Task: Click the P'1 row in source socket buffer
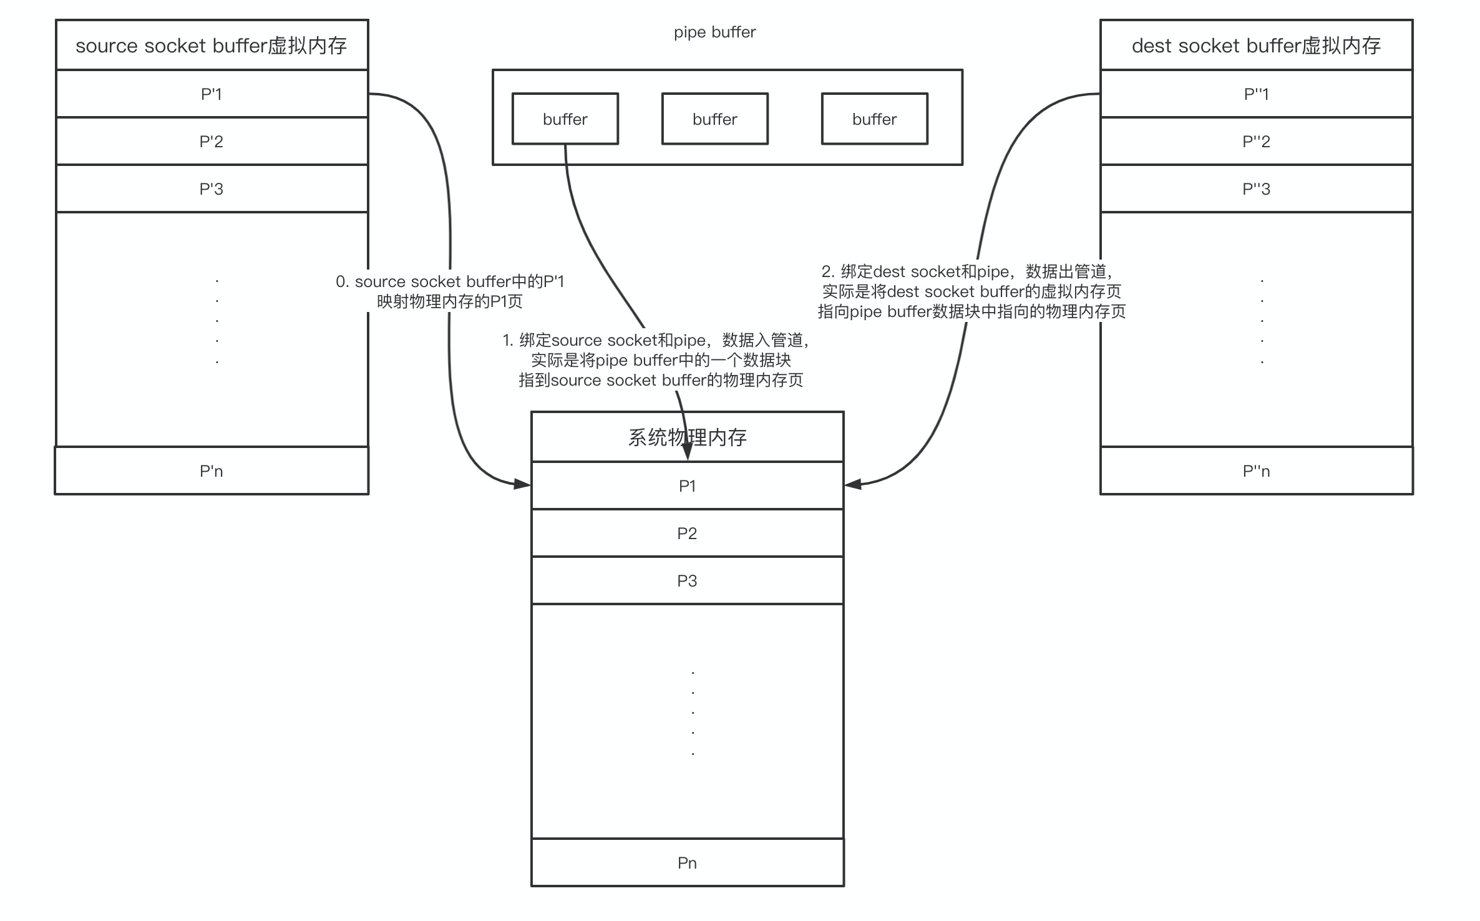(x=212, y=94)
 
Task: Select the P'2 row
(x=212, y=141)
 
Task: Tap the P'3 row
(x=212, y=188)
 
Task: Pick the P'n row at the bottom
(x=212, y=470)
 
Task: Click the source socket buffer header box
(x=212, y=45)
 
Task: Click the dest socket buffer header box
(x=1257, y=45)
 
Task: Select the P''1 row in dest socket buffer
(x=1257, y=94)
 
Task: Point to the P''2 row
(x=1257, y=141)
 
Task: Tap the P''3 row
(x=1257, y=188)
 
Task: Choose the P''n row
(x=1257, y=470)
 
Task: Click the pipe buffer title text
(x=715, y=32)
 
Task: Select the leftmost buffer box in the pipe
(x=565, y=119)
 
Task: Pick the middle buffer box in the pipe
(x=715, y=119)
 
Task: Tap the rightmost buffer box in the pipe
(x=875, y=119)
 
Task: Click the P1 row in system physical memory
(x=688, y=485)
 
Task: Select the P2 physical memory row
(x=688, y=533)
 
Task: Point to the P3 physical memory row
(x=688, y=580)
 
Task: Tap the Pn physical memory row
(x=688, y=862)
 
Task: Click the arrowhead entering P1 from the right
(x=853, y=484)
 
